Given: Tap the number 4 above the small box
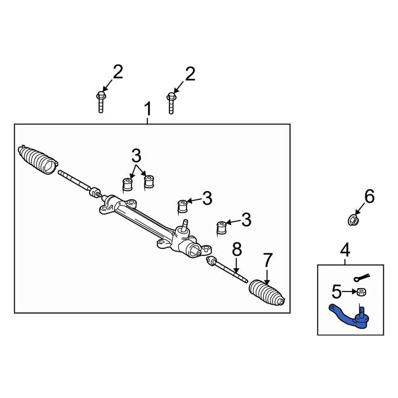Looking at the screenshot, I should (345, 250).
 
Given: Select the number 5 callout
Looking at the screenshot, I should (337, 292).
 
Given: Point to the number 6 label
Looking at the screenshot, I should (369, 196).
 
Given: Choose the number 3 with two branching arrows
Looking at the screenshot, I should (136, 156).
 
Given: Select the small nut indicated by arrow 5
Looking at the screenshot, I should (361, 292).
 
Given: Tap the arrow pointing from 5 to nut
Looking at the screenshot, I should (349, 292).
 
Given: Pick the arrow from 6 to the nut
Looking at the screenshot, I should (359, 209).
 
